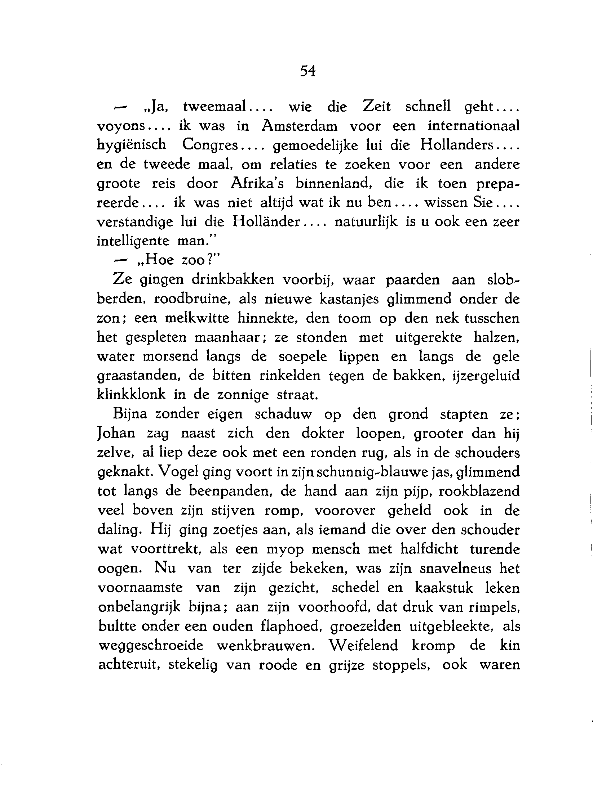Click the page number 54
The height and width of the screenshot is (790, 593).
[x=307, y=72]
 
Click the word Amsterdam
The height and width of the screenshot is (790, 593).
[x=300, y=126]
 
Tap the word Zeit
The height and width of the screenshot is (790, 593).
[x=376, y=107]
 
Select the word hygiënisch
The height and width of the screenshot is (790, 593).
[x=132, y=145]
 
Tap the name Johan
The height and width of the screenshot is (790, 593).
[x=116, y=433]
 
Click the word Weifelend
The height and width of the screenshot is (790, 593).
[x=364, y=646]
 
